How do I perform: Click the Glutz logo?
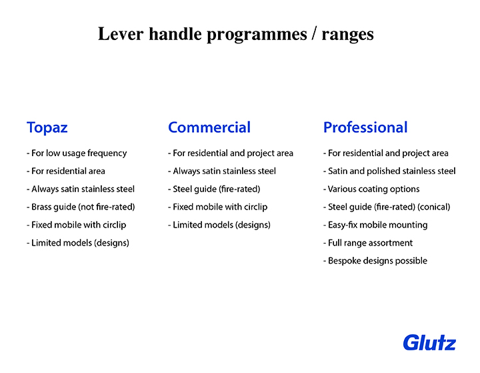pos(429,343)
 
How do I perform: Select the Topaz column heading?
pos(47,128)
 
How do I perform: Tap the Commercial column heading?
pos(209,127)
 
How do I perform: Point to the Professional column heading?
pos(365,127)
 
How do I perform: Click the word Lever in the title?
pos(121,34)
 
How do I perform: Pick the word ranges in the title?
pos(347,35)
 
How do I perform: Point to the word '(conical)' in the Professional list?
pos(434,207)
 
